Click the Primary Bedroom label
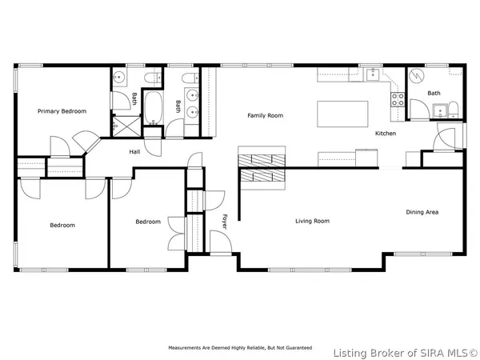click(62, 111)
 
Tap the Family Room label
click(265, 115)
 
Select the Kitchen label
click(386, 133)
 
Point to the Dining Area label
click(422, 212)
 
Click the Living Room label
click(312, 221)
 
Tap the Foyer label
click(224, 222)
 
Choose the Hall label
click(134, 151)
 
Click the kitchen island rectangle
click(342, 114)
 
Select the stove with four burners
click(398, 99)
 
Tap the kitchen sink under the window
click(372, 74)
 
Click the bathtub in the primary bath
click(153, 108)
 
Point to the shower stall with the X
click(126, 126)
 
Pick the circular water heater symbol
click(416, 76)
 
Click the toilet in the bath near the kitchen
click(454, 110)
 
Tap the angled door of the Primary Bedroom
click(87, 142)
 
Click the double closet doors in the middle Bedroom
click(177, 234)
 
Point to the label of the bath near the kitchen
click(434, 93)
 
